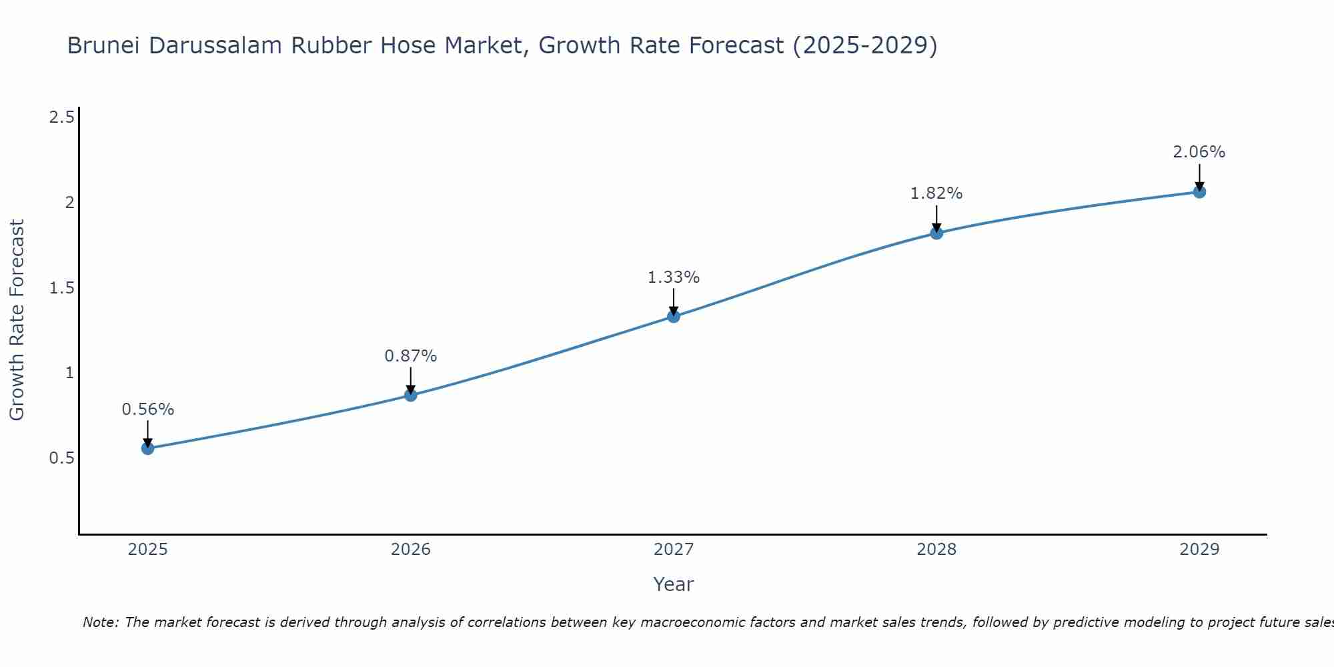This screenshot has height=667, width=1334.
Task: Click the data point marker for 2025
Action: coord(147,448)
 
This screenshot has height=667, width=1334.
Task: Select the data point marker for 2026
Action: coord(411,395)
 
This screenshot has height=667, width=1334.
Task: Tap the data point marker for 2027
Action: coord(674,316)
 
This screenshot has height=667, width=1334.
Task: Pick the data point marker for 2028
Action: coord(936,233)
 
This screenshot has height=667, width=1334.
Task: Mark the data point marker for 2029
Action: coord(1199,192)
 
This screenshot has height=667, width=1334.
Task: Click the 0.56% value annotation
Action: coord(147,410)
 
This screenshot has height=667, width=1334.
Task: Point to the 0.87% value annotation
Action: coord(411,356)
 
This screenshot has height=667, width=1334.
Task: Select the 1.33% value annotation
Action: coord(674,277)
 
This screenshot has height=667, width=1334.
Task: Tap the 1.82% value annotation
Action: coord(936,193)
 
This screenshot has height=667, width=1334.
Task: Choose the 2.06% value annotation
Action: coord(1199,152)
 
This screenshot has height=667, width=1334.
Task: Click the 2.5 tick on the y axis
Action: coord(61,118)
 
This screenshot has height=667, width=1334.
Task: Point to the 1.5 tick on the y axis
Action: coord(61,288)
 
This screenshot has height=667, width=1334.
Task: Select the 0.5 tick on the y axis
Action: coord(61,458)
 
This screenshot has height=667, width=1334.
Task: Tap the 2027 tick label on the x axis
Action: coord(674,550)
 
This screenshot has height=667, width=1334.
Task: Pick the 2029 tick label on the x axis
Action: coord(1199,550)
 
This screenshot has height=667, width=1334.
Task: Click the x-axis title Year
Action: coord(674,584)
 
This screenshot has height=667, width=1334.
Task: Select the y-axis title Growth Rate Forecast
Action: coord(17,320)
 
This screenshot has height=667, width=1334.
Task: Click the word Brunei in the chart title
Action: coord(104,45)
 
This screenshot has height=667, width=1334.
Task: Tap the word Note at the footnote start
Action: coord(100,622)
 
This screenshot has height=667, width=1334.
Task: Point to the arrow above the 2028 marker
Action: coord(936,217)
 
